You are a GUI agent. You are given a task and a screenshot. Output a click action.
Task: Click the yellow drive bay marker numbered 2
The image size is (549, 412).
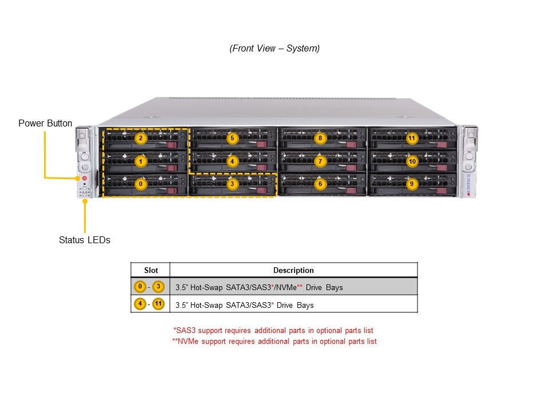(141, 138)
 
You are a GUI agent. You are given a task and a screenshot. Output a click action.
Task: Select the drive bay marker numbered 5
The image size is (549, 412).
(232, 138)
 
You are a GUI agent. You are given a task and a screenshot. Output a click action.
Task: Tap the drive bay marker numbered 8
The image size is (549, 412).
(320, 138)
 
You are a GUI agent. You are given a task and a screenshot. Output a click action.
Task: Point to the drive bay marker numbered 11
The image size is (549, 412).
(411, 138)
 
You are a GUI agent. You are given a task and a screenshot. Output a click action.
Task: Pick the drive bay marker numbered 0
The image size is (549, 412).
(141, 184)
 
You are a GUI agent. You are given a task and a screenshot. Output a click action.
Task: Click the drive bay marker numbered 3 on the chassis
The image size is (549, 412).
(232, 184)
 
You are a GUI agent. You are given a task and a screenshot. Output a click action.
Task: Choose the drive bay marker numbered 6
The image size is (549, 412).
(320, 184)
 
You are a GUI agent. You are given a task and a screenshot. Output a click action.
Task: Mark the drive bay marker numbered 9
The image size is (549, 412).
(411, 184)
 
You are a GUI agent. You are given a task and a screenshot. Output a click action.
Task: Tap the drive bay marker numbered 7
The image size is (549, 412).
(320, 161)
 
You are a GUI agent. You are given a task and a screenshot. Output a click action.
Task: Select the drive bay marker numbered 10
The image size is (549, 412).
(411, 161)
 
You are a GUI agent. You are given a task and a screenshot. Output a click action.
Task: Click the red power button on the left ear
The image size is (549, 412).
(85, 179)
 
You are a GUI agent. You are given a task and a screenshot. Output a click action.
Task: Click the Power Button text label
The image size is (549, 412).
(45, 124)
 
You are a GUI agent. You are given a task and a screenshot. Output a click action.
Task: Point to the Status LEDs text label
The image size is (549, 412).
(85, 240)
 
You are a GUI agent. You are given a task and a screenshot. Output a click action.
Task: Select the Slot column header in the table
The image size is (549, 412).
(150, 270)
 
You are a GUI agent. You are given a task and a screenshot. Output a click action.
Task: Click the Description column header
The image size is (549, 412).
(293, 270)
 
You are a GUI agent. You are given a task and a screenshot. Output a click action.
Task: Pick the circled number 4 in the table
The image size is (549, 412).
(140, 304)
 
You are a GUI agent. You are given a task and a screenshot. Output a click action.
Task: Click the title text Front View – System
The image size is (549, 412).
(274, 49)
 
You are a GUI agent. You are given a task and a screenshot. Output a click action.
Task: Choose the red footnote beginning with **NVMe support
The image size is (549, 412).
(274, 342)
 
